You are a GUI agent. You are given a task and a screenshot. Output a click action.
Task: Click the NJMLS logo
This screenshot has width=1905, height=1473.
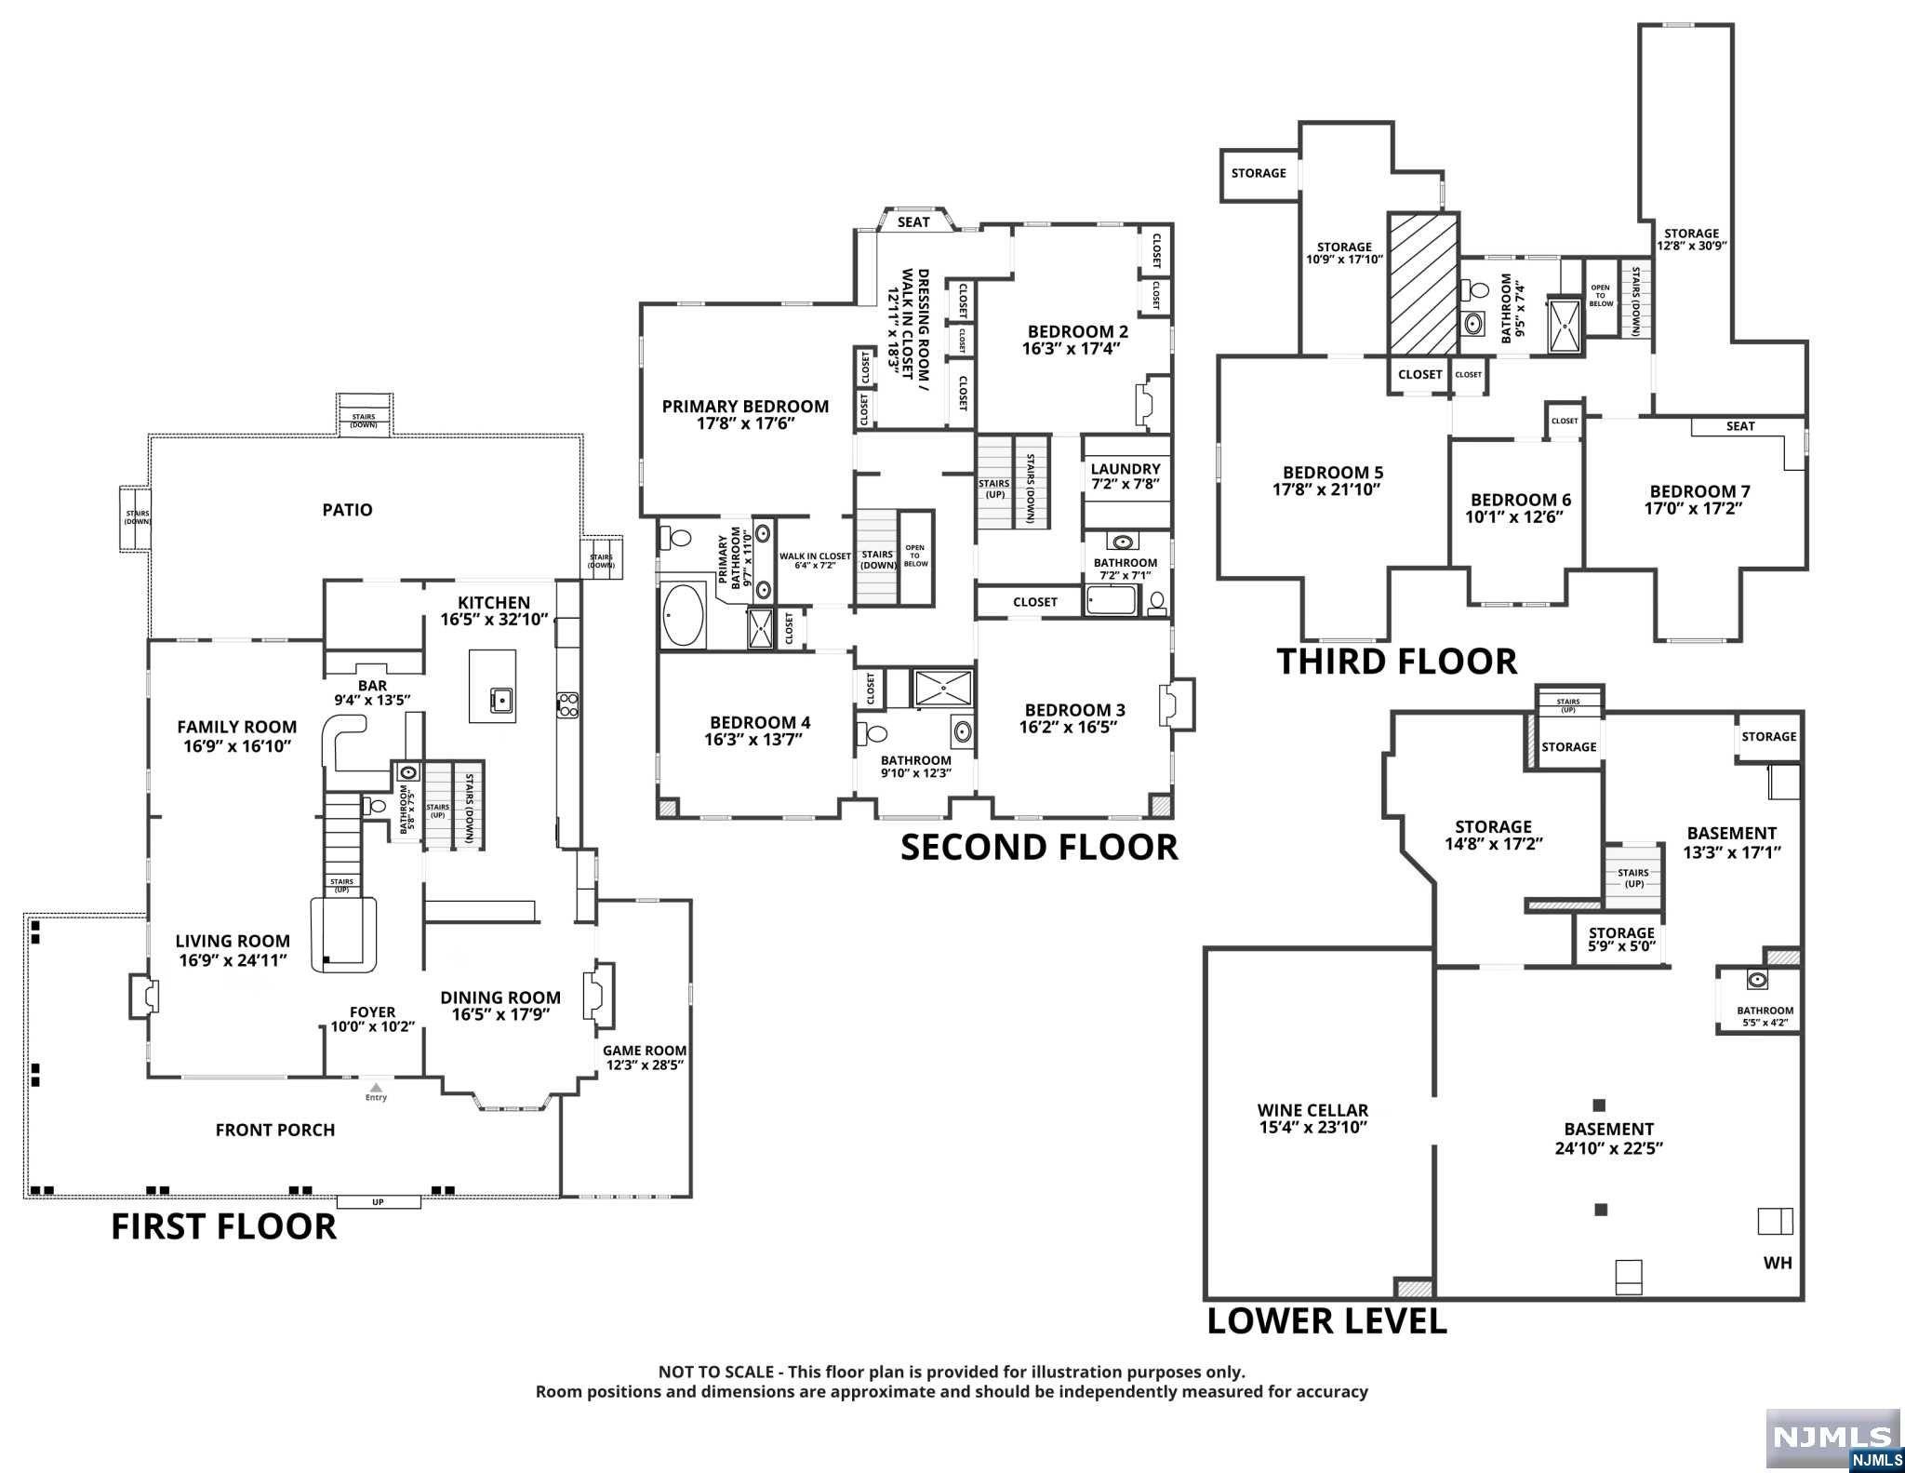tap(1832, 1438)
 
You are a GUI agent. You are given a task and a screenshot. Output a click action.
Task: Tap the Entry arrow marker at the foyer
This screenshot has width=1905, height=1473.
tap(376, 1087)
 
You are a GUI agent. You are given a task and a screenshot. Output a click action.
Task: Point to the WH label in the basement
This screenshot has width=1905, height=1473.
tap(1777, 1263)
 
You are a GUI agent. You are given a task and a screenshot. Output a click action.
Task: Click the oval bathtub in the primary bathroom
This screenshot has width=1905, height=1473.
tap(683, 614)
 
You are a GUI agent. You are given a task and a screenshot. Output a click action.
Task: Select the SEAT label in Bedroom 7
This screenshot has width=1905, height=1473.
tap(1739, 426)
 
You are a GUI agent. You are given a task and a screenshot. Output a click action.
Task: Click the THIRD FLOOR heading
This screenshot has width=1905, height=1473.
tap(1396, 662)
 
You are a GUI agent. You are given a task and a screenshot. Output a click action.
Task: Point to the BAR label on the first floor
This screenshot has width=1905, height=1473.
tap(372, 686)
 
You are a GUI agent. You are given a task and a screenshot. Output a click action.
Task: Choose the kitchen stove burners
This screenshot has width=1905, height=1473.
tap(567, 704)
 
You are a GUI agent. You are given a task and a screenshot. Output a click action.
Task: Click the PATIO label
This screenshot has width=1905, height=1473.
tap(347, 510)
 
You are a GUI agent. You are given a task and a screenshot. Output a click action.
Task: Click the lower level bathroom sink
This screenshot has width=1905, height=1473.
tap(1756, 980)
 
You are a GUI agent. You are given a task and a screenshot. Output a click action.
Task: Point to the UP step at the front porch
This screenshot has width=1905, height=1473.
tap(378, 1202)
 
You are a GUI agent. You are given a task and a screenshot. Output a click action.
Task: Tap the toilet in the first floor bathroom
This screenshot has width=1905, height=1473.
tap(375, 806)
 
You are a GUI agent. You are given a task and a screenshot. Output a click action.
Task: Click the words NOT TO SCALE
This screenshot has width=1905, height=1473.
tap(715, 1372)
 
